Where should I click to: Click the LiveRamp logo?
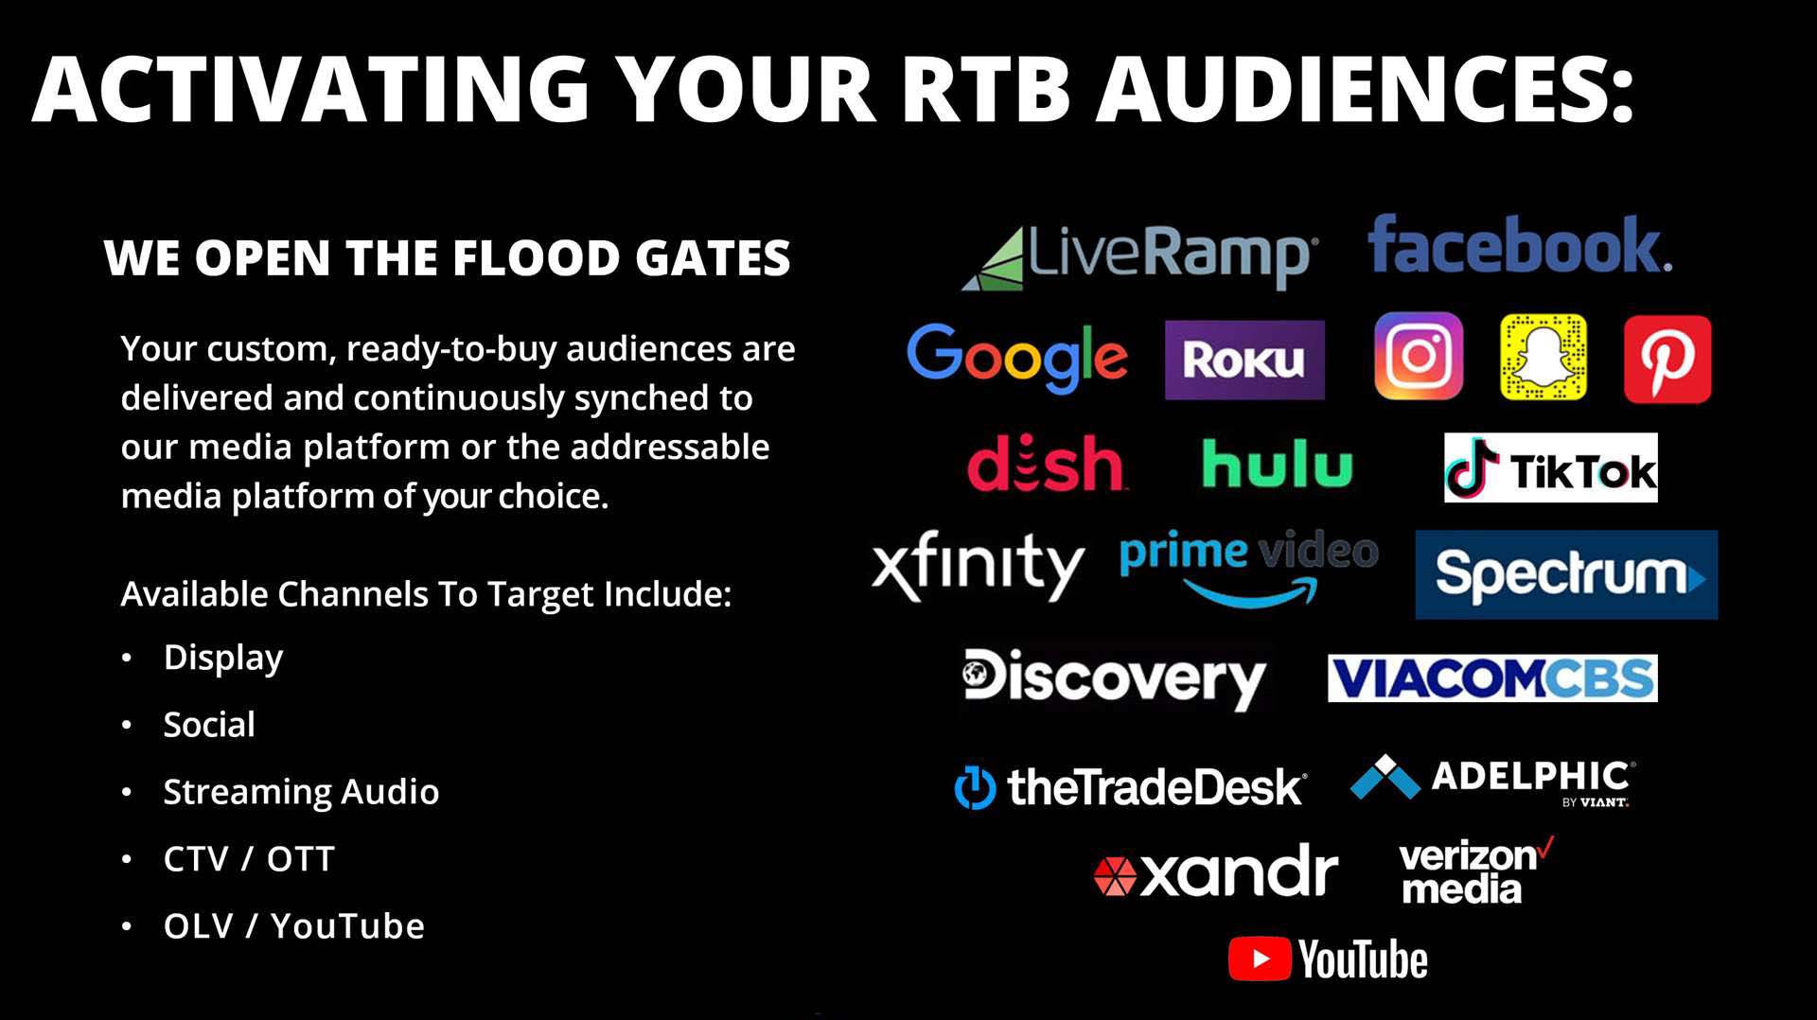1138,256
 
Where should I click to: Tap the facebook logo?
1520,245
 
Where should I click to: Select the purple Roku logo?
1244,360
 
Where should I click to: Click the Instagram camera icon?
1419,357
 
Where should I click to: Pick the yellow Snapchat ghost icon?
1544,357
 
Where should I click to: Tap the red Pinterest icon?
1667,360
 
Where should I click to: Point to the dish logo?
1046,463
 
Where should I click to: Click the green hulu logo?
1278,463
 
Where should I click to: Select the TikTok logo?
1551,467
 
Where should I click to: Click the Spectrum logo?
1566,574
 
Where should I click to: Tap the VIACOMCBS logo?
1492,677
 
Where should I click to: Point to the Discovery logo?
1114,677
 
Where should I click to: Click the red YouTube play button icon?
1260,958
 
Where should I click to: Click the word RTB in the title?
986,88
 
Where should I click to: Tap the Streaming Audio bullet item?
301,792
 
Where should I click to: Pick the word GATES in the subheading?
713,257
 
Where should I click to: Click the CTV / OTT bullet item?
249,859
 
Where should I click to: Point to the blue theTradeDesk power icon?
975,787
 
